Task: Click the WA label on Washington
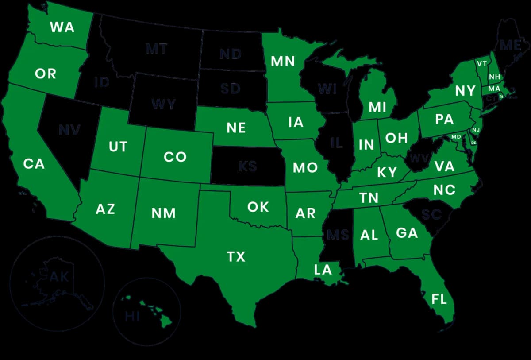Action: pyautogui.click(x=62, y=27)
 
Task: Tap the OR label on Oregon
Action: pyautogui.click(x=46, y=74)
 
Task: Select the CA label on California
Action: pyautogui.click(x=34, y=164)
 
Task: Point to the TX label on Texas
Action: pyautogui.click(x=236, y=256)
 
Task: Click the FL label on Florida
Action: pyautogui.click(x=439, y=299)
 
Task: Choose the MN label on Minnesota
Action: pyautogui.click(x=283, y=61)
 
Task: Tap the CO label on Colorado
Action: pyautogui.click(x=175, y=157)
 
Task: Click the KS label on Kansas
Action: pyautogui.click(x=247, y=166)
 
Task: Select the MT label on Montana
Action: pyautogui.click(x=157, y=49)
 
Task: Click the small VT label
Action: pyautogui.click(x=481, y=64)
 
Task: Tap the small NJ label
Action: pyautogui.click(x=476, y=130)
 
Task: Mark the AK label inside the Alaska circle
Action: pyautogui.click(x=59, y=277)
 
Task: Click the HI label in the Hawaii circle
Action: pyautogui.click(x=132, y=316)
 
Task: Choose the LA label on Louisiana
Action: pyautogui.click(x=323, y=269)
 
